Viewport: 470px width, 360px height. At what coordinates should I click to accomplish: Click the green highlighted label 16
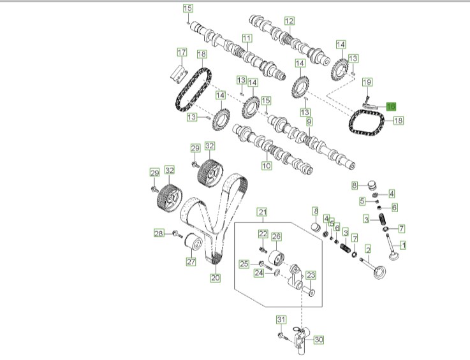(x=390, y=106)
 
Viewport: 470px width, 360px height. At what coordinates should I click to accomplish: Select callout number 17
(x=182, y=52)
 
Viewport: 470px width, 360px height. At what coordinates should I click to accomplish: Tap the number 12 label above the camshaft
(x=289, y=20)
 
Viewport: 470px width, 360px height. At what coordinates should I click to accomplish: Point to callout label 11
(x=246, y=39)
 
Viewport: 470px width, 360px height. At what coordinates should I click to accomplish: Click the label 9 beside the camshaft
(x=309, y=122)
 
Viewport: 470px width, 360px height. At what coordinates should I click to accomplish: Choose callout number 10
(x=267, y=166)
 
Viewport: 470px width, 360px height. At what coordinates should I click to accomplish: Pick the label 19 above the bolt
(x=367, y=82)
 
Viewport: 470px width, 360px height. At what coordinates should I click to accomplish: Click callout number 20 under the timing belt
(x=215, y=278)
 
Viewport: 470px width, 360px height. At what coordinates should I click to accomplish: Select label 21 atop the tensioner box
(x=262, y=212)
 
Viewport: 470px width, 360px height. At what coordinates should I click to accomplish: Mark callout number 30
(x=319, y=340)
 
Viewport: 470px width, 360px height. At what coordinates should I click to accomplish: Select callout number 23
(x=311, y=276)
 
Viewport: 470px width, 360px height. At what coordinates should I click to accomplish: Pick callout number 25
(x=244, y=264)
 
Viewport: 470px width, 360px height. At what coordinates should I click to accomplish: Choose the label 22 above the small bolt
(x=263, y=233)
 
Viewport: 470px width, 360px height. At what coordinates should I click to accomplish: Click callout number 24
(x=259, y=273)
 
